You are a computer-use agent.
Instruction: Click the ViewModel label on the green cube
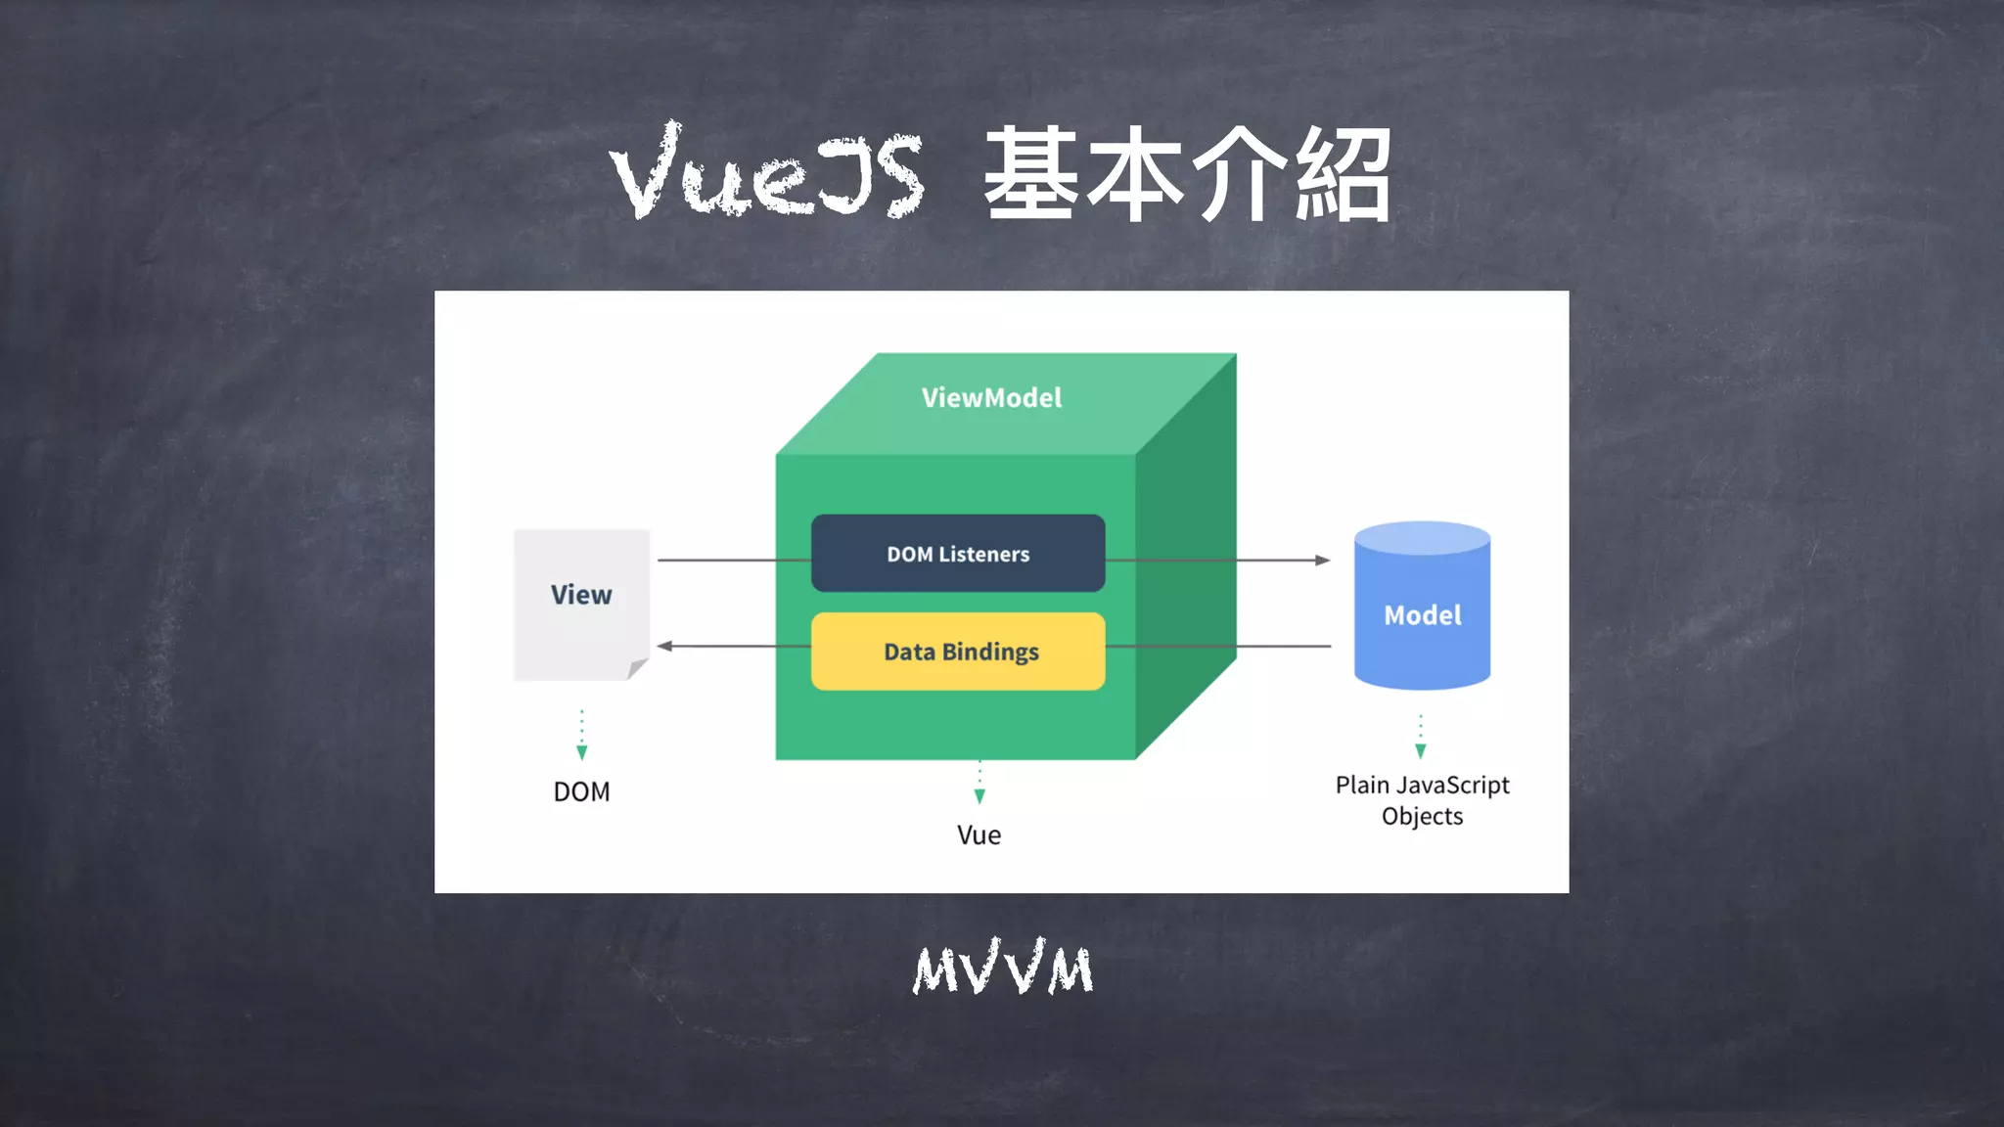[x=991, y=398]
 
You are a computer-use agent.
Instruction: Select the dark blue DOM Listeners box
[x=958, y=554]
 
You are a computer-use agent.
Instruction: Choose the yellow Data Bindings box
[x=958, y=652]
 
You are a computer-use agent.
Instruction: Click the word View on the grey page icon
[x=581, y=595]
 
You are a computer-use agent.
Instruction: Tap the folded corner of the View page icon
[x=637, y=669]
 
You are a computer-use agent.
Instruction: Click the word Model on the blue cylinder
[x=1422, y=615]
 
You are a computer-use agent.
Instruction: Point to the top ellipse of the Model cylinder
[x=1422, y=538]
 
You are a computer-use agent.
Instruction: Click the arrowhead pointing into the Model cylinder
[x=1323, y=561]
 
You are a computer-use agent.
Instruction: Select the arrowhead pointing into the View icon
[x=665, y=646]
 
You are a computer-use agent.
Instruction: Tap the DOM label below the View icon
[x=581, y=791]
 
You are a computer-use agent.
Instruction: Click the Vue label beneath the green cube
[x=979, y=835]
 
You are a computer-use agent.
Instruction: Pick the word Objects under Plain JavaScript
[x=1422, y=817]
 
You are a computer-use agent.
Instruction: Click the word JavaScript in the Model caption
[x=1453, y=786]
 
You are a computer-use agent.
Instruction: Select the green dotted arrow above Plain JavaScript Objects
[x=1421, y=738]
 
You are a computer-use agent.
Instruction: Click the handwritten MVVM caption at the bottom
[x=1002, y=969]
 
